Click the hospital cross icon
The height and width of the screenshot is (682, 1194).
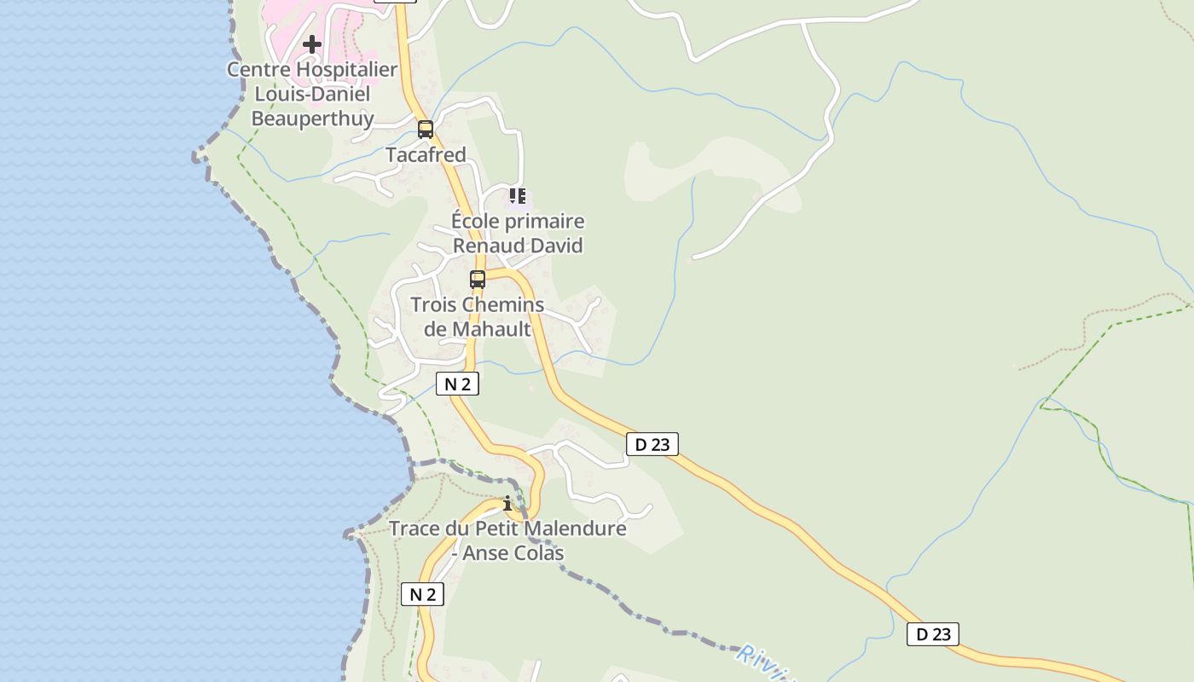pos(312,43)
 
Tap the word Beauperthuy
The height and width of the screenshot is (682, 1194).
pos(312,118)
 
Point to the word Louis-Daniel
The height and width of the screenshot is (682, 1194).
pos(312,94)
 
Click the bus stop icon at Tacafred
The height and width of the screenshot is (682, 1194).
pos(426,130)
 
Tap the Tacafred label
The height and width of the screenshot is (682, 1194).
pos(426,155)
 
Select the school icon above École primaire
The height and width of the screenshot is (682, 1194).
pos(518,197)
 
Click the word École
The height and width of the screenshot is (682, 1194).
pos(474,222)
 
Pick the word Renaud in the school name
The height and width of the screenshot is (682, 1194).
pos(480,246)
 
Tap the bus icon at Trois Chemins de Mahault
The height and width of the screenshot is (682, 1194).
pos(478,280)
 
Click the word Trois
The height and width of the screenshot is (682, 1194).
pos(433,305)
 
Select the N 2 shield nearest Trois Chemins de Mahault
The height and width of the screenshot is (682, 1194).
pos(457,384)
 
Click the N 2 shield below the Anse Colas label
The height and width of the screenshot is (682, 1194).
pos(422,595)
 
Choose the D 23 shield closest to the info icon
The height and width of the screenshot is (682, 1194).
pos(652,444)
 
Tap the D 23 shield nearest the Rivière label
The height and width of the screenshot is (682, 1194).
pos(932,634)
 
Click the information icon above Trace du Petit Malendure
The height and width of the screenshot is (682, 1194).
pos(507,504)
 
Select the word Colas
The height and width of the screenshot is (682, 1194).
pos(538,553)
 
